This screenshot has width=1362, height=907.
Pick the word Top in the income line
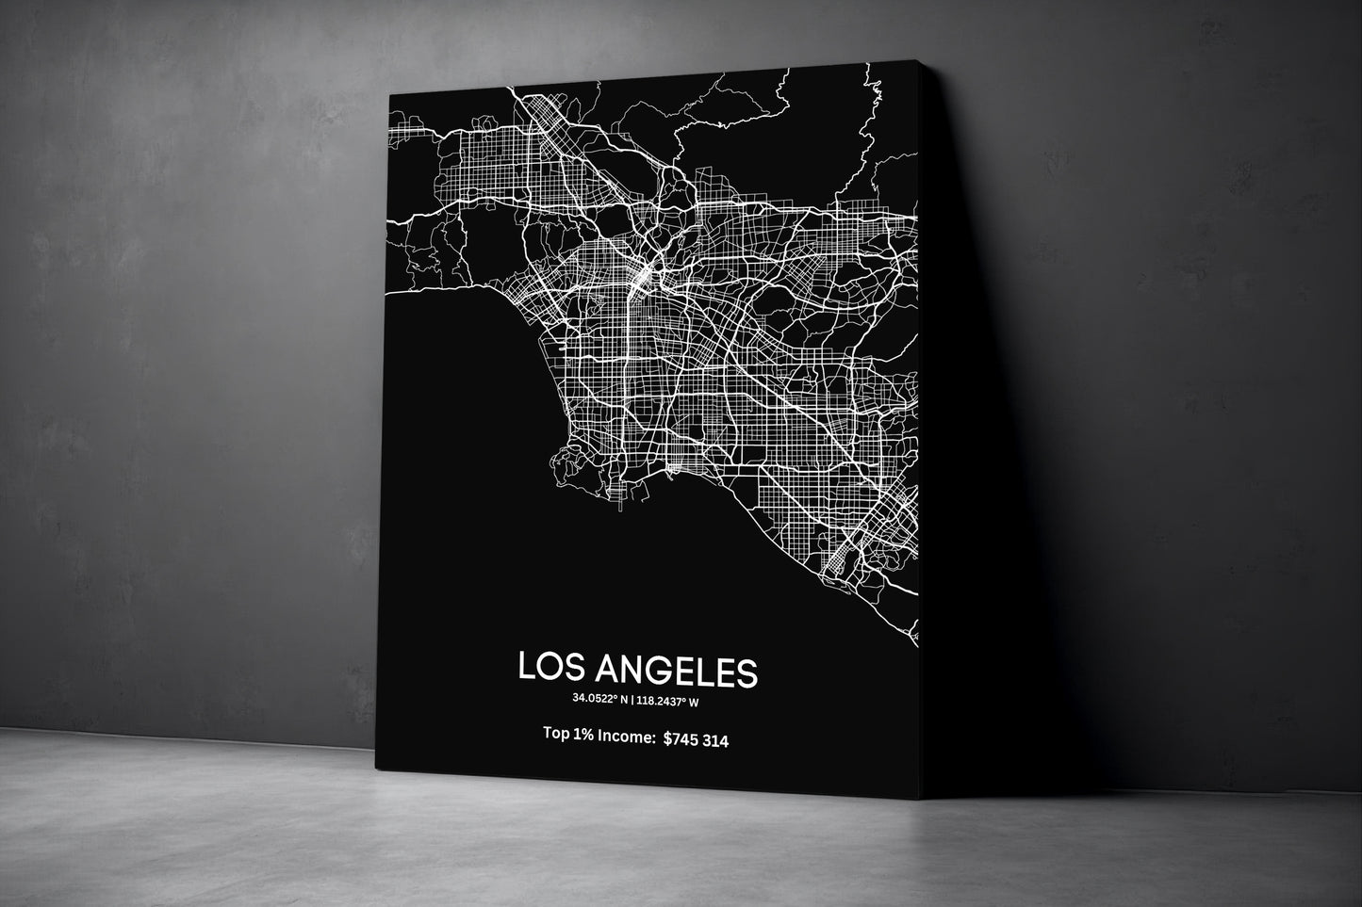click(x=556, y=735)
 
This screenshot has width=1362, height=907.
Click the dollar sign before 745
click(x=668, y=741)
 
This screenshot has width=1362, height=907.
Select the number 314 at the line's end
click(x=714, y=741)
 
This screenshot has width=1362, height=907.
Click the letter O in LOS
click(x=549, y=670)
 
